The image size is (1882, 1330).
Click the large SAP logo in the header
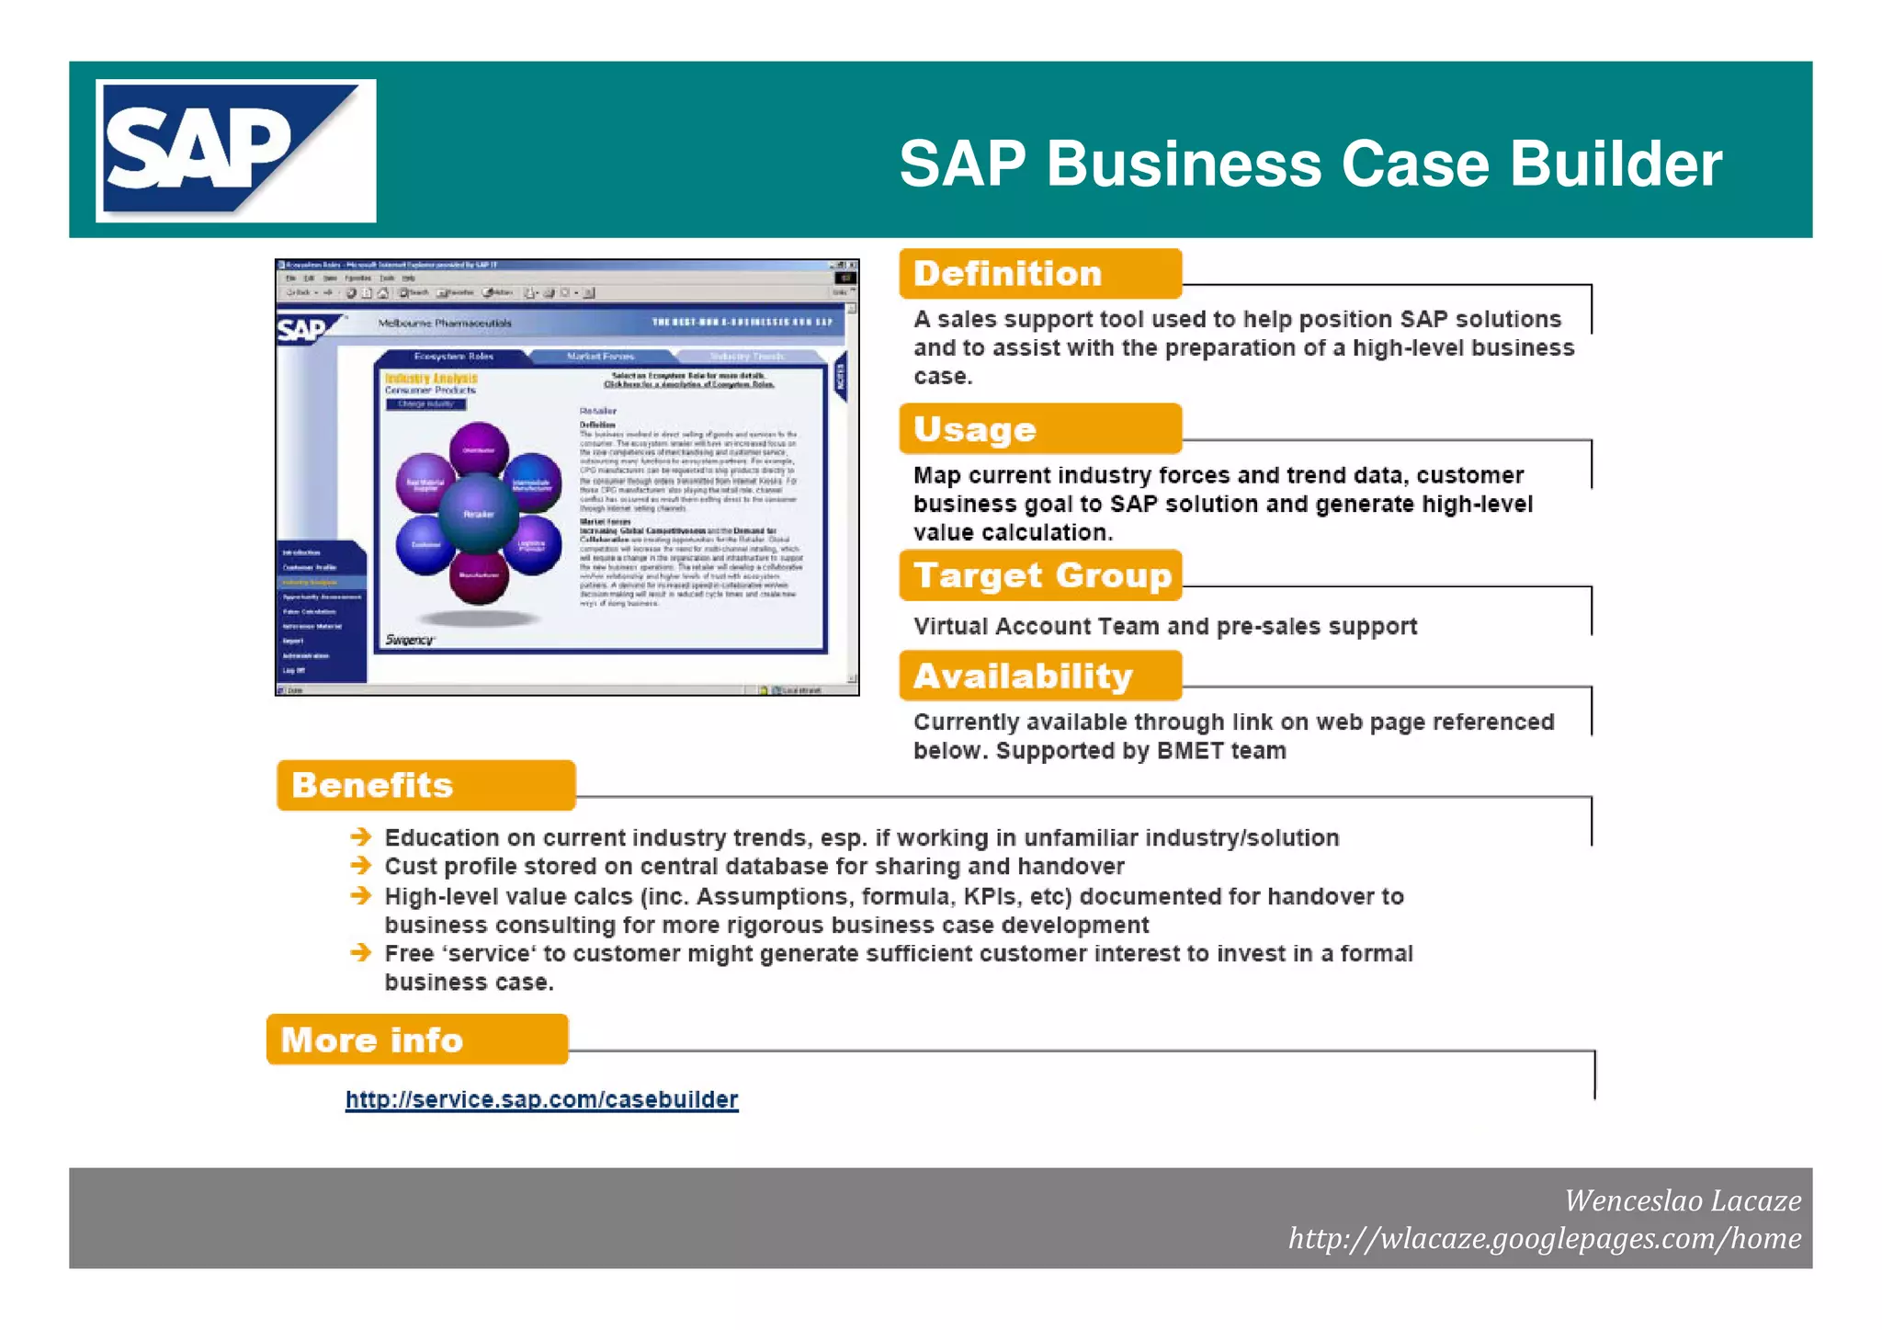pyautogui.click(x=235, y=151)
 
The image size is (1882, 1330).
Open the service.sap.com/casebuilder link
pyautogui.click(x=541, y=1100)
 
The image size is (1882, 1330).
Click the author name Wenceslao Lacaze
pyautogui.click(x=1682, y=1200)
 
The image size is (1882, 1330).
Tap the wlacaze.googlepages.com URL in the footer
pyautogui.click(x=1544, y=1239)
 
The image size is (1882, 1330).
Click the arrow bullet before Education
pyautogui.click(x=360, y=836)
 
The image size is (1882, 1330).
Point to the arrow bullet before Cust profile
pyautogui.click(x=360, y=866)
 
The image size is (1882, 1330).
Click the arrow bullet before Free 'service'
pyautogui.click(x=360, y=952)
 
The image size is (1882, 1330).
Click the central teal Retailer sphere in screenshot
pyautogui.click(x=478, y=514)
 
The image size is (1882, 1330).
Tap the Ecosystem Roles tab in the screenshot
pyautogui.click(x=453, y=357)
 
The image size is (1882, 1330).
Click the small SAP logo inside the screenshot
pyautogui.click(x=303, y=329)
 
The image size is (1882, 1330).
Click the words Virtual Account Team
pyautogui.click(x=1037, y=627)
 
